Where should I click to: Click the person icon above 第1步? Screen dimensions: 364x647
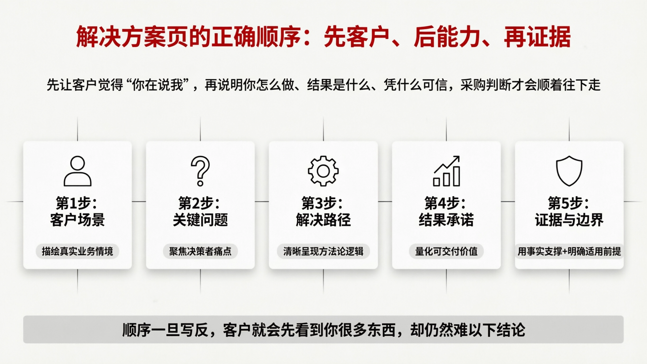[77, 171]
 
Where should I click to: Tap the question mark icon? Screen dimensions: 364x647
[200, 171]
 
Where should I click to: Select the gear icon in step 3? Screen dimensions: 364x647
[323, 171]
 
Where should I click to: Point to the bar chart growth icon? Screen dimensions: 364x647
[446, 171]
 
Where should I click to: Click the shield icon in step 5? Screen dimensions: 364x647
[569, 171]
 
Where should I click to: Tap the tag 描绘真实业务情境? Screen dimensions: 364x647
[77, 251]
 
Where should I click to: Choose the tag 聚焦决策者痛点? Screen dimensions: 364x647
[200, 251]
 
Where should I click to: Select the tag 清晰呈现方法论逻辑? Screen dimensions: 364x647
[323, 251]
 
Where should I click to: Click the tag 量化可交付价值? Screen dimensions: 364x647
[446, 251]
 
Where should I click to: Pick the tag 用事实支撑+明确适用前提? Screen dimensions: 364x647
[569, 251]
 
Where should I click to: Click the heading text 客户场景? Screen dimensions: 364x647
[77, 220]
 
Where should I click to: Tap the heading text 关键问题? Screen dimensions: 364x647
[200, 220]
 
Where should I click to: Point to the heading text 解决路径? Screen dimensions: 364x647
[323, 220]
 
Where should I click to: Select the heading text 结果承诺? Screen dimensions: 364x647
[446, 220]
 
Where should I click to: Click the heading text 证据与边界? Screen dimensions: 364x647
[569, 220]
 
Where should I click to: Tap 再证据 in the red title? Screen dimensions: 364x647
[537, 37]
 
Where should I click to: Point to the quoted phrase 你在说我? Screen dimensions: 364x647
[158, 85]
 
